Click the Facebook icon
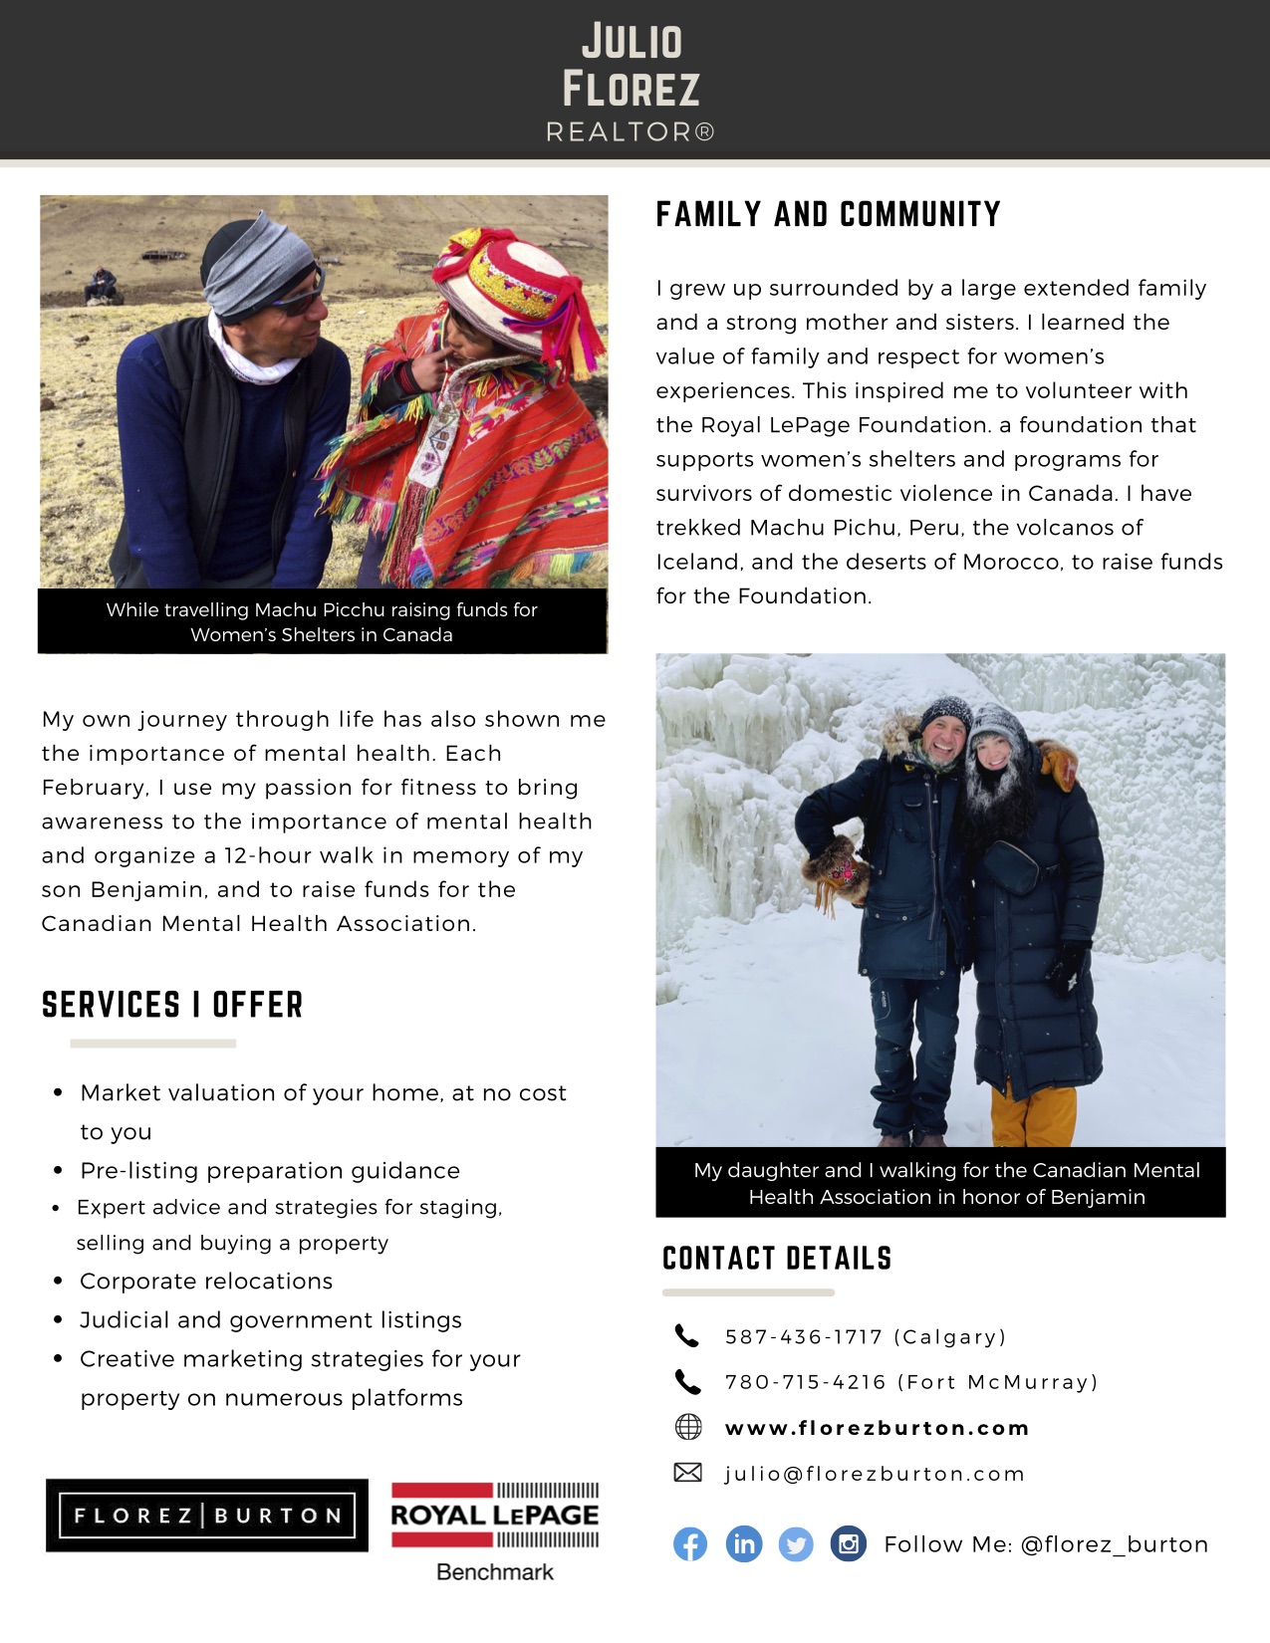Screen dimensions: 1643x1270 tap(690, 1544)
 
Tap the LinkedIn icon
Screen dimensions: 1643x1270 tap(743, 1544)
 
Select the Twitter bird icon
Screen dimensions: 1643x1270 tap(796, 1544)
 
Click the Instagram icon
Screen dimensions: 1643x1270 tap(849, 1544)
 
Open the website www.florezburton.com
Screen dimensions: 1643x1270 tap(877, 1428)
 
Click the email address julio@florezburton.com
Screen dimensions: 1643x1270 tap(874, 1474)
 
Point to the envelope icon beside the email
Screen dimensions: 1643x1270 tap(688, 1473)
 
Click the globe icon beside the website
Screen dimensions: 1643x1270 tap(688, 1427)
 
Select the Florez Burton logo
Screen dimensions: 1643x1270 tap(207, 1516)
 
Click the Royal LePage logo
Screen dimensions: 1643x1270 tap(495, 1515)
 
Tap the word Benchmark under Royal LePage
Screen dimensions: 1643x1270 tap(495, 1572)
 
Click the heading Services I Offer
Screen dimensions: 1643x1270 tap(172, 1005)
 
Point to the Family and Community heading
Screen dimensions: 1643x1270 tap(828, 214)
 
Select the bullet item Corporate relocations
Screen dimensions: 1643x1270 tap(206, 1281)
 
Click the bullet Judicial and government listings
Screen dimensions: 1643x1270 tap(271, 1319)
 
